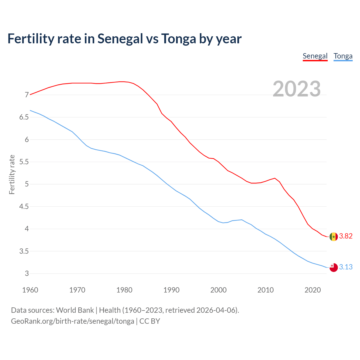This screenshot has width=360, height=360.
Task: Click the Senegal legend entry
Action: [315, 56]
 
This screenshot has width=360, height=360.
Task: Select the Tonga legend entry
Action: [343, 56]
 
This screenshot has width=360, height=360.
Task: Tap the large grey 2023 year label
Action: [296, 89]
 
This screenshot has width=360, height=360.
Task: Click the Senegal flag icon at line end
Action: [334, 237]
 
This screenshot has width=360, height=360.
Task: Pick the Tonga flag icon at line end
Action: [334, 267]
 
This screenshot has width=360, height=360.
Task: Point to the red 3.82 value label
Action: [346, 236]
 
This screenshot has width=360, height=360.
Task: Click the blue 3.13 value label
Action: [346, 267]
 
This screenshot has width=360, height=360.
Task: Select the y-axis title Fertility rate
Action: [12, 174]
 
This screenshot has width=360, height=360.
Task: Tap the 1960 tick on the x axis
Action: [30, 290]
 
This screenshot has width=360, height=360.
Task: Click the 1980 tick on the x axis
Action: [124, 290]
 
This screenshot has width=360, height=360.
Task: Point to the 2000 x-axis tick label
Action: [219, 290]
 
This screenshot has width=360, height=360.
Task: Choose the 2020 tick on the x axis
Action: [312, 290]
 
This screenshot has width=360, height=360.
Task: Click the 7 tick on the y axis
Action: [27, 95]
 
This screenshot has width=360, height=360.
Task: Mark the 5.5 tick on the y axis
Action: [24, 162]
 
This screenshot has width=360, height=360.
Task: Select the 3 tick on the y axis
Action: [27, 273]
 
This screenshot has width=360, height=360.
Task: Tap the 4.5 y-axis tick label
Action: [24, 207]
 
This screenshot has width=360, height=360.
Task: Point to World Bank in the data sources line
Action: [75, 310]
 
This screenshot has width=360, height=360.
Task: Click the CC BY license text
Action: [150, 321]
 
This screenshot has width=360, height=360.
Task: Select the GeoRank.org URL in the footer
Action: [73, 321]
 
